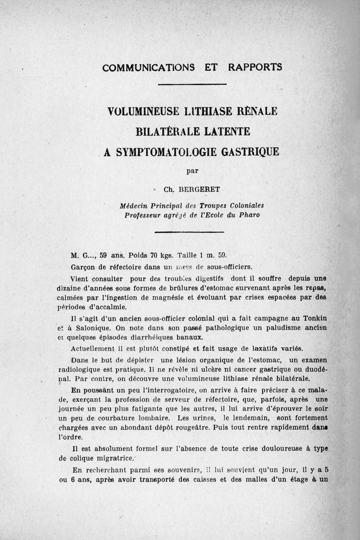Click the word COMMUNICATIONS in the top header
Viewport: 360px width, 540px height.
(148, 67)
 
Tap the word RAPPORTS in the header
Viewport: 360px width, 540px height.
(255, 67)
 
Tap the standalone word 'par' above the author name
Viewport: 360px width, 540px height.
(193, 170)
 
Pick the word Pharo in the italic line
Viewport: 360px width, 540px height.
(248, 215)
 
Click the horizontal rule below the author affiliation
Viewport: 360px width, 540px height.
(189, 232)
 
